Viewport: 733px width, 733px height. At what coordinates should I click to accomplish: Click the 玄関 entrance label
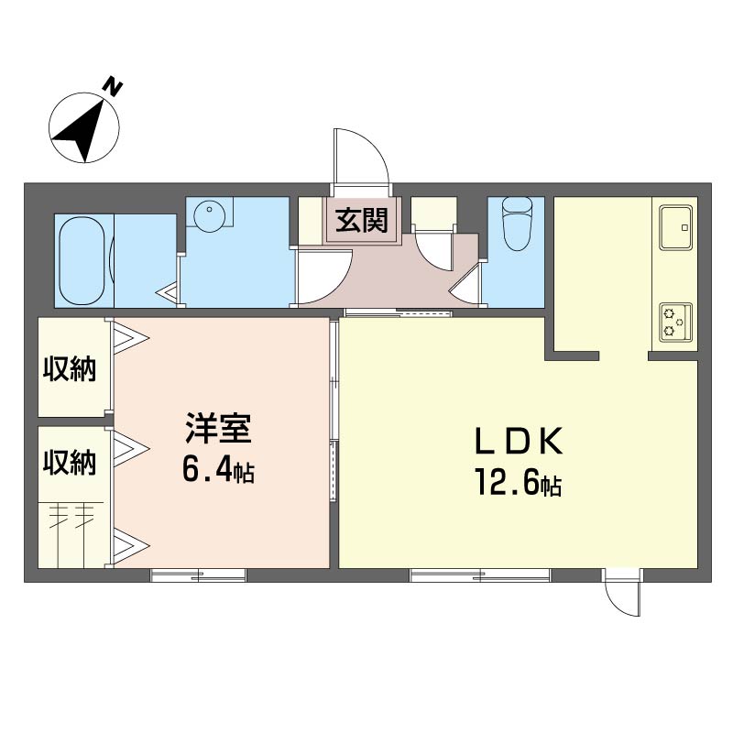tap(362, 220)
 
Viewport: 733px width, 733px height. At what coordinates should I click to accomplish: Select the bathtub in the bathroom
tap(82, 261)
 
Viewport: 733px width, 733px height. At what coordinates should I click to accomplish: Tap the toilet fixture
tap(516, 224)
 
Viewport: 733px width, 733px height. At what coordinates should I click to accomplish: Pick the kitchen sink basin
tap(675, 227)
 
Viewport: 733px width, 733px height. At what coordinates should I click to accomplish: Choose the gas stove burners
tap(675, 322)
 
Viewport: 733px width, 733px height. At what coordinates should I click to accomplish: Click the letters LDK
tap(519, 442)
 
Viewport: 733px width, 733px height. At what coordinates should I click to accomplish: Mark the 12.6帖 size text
tap(519, 482)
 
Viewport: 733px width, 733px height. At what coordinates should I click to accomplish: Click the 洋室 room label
tap(218, 428)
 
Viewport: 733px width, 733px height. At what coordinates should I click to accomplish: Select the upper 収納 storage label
tap(70, 369)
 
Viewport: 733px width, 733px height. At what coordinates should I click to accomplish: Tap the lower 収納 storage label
tap(70, 463)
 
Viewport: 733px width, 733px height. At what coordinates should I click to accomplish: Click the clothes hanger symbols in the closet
tap(71, 515)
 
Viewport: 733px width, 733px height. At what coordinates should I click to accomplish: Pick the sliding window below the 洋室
tap(198, 575)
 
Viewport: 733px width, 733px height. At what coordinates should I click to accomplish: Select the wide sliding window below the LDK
tap(480, 575)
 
